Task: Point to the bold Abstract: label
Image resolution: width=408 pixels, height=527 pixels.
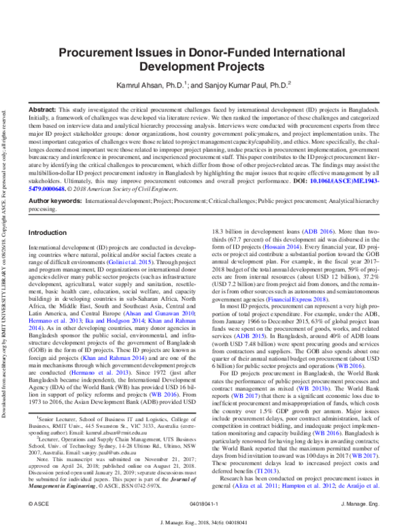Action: pyautogui.click(x=41, y=109)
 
